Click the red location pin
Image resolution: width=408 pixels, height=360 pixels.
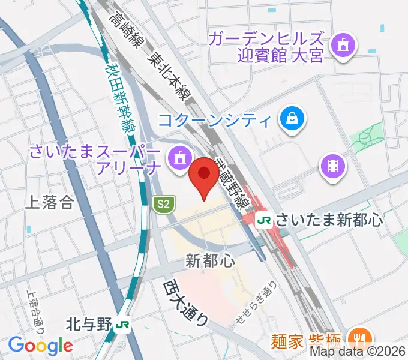point(204,174)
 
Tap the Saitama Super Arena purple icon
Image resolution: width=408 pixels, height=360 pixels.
point(178,158)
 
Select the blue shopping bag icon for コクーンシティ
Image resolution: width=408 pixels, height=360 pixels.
point(293,118)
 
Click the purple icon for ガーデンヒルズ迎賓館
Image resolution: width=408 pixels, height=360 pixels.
point(343,45)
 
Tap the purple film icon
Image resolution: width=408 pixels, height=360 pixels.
point(334,164)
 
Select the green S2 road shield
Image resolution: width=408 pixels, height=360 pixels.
point(162,205)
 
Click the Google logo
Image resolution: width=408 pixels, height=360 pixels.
point(40,346)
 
